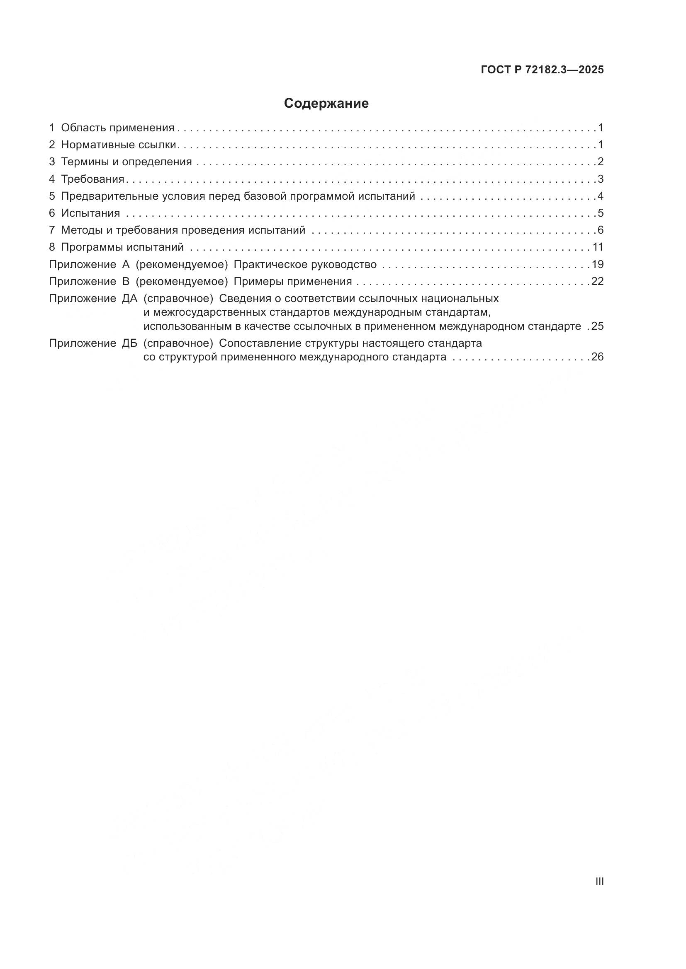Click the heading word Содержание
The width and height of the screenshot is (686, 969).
click(326, 104)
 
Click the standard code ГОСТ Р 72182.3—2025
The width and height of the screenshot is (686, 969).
click(542, 70)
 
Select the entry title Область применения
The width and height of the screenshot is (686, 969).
click(117, 128)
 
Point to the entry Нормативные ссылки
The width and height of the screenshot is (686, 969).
click(119, 145)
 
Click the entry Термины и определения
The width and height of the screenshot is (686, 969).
click(126, 162)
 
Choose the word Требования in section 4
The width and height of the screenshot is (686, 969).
click(92, 179)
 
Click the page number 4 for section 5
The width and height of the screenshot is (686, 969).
click(600, 196)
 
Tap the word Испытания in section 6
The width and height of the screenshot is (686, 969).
click(90, 213)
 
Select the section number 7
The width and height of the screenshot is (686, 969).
click(52, 230)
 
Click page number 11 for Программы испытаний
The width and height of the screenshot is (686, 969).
click(598, 247)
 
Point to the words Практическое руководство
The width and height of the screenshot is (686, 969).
click(305, 265)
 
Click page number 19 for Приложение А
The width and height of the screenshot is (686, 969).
click(598, 265)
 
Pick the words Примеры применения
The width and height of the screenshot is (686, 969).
click(293, 281)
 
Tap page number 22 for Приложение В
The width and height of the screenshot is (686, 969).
click(597, 281)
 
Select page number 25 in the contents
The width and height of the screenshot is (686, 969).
click(597, 326)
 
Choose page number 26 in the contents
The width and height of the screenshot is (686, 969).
click(597, 357)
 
